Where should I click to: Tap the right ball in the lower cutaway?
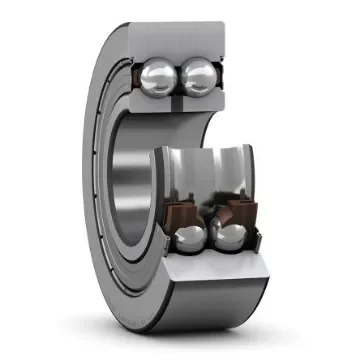point(231,237)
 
